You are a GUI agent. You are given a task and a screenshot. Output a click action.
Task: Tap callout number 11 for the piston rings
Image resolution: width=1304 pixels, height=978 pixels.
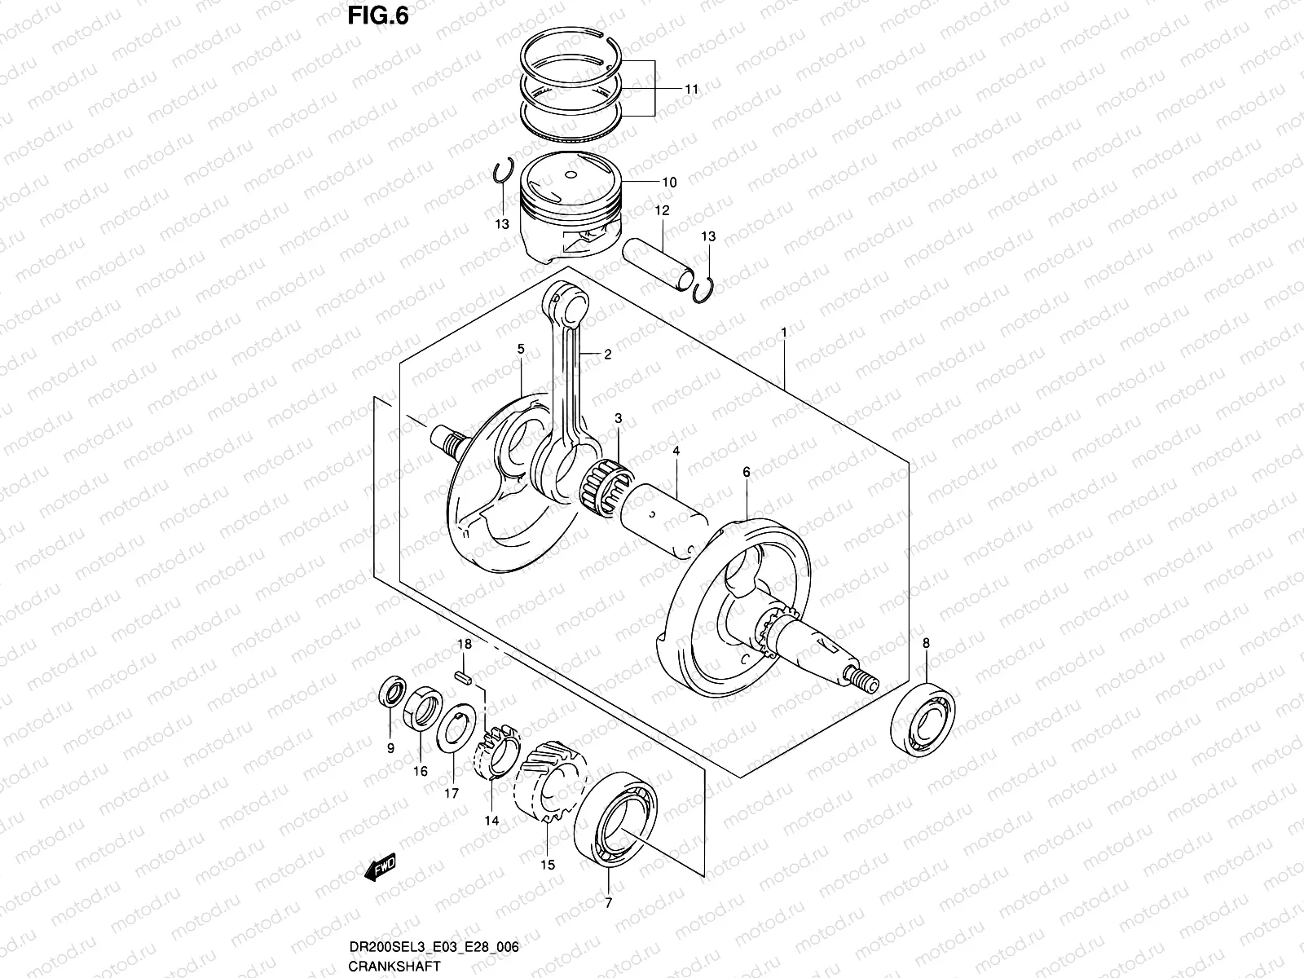[x=691, y=90]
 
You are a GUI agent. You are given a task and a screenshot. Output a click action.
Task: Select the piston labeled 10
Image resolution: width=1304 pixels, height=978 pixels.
[x=570, y=212]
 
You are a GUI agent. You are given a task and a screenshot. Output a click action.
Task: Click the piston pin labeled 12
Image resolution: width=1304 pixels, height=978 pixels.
[x=660, y=265]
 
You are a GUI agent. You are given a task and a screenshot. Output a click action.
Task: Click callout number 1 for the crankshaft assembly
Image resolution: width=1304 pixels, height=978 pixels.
[x=783, y=333]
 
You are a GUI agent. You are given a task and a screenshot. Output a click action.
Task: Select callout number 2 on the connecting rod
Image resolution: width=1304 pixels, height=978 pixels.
[x=607, y=355]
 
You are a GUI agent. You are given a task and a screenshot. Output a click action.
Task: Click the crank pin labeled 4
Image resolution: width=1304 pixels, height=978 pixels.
[x=664, y=519]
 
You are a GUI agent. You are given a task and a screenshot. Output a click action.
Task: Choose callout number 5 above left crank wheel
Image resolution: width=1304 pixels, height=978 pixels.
[x=520, y=349]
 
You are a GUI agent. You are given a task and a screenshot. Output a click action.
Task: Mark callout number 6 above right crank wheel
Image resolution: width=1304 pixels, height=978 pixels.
[x=746, y=472]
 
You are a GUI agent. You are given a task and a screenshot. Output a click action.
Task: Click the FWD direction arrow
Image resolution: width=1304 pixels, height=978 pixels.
[x=381, y=870]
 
